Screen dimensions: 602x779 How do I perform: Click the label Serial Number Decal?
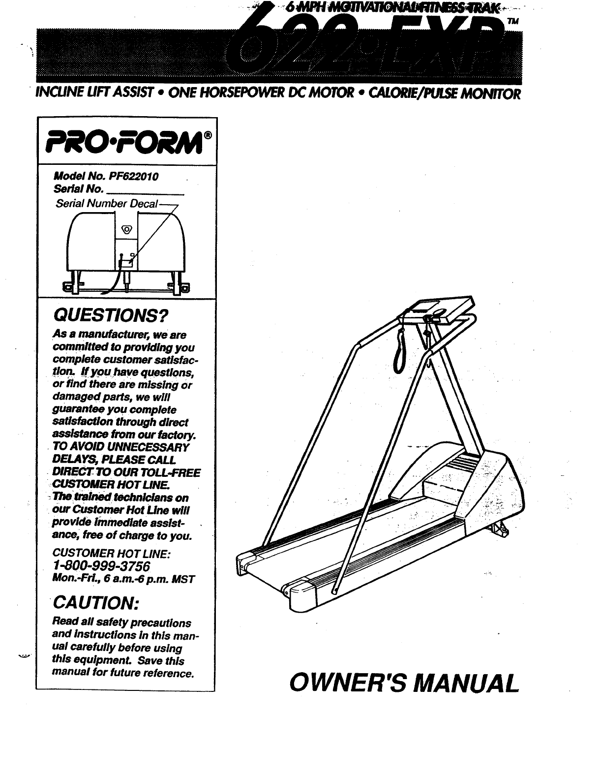click(x=107, y=204)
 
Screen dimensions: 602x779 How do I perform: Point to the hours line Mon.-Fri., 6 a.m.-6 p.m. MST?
click(x=124, y=579)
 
